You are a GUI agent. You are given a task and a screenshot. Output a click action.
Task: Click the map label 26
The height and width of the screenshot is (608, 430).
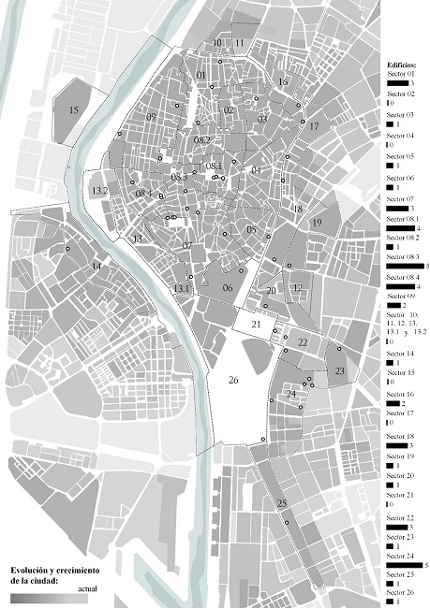tap(234, 380)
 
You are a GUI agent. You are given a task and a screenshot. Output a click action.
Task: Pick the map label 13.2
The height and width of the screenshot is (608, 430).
tap(100, 191)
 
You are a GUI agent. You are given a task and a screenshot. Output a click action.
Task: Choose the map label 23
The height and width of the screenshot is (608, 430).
tap(339, 371)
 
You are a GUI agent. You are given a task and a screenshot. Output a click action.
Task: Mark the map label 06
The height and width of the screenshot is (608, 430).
tap(227, 288)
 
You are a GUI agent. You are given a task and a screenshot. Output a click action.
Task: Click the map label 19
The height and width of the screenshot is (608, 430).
tap(317, 222)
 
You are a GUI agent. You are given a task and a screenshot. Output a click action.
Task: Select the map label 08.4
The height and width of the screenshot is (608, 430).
tap(143, 194)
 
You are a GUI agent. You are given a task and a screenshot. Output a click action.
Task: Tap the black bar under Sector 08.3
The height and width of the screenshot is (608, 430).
tap(405, 267)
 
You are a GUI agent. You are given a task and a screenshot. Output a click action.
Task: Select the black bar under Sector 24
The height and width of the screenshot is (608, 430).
tap(405, 565)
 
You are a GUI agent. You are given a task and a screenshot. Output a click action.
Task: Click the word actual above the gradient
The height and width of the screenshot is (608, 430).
tap(88, 588)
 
